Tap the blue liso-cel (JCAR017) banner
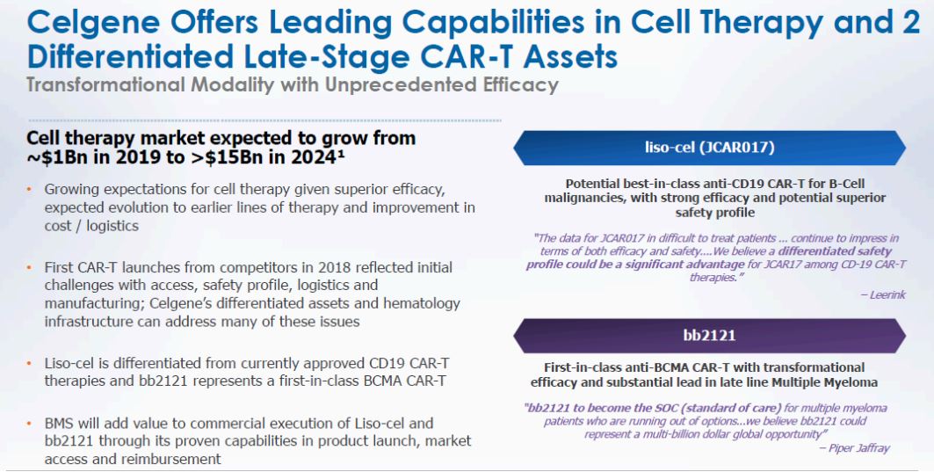[x=709, y=148]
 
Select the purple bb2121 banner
[x=709, y=336]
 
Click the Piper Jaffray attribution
[x=855, y=448]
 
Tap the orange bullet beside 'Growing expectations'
[x=29, y=190]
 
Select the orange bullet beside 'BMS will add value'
[x=29, y=424]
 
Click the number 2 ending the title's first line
[x=911, y=22]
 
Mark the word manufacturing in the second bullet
[x=91, y=304]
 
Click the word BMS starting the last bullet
[x=58, y=424]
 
